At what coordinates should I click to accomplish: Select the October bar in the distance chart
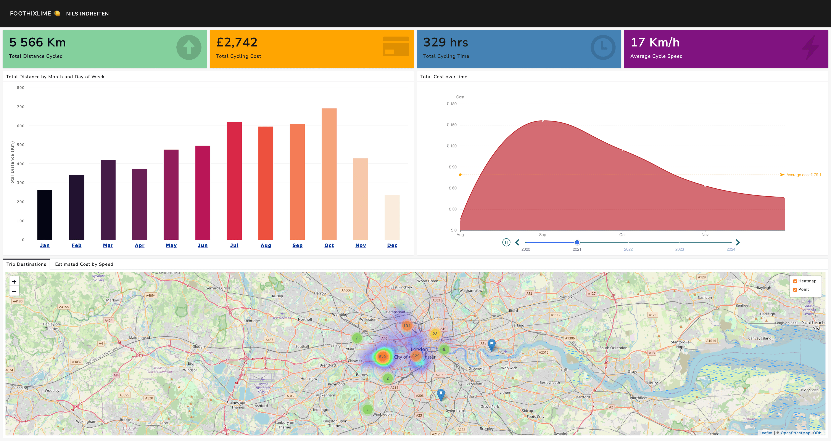point(329,174)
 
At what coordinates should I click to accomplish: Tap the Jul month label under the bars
point(234,245)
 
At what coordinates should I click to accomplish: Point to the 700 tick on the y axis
point(21,107)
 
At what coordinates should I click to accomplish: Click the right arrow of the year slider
point(738,242)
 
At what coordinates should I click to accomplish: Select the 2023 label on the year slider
point(679,249)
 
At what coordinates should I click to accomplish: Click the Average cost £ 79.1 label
point(804,175)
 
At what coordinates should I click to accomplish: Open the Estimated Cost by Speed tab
point(84,264)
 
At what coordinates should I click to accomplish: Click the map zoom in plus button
point(14,281)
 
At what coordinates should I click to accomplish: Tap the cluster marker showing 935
point(382,356)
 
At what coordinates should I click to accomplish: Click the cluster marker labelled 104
point(407,326)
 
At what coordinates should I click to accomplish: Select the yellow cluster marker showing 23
point(435,334)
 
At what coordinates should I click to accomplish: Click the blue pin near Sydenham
point(441,394)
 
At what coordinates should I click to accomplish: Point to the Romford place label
point(566,297)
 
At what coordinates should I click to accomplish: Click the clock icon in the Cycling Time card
point(603,47)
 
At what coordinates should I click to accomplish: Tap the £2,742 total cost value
point(237,42)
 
